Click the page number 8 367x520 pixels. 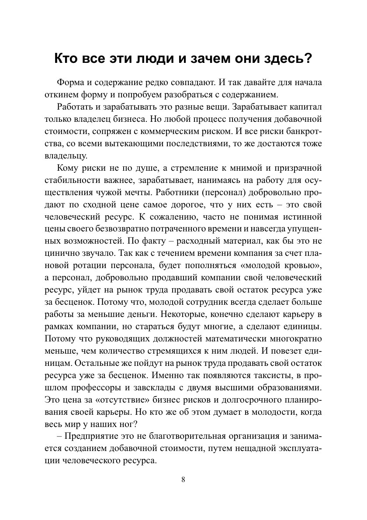[x=183, y=479]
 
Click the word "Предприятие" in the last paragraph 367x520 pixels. [x=91, y=437]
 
